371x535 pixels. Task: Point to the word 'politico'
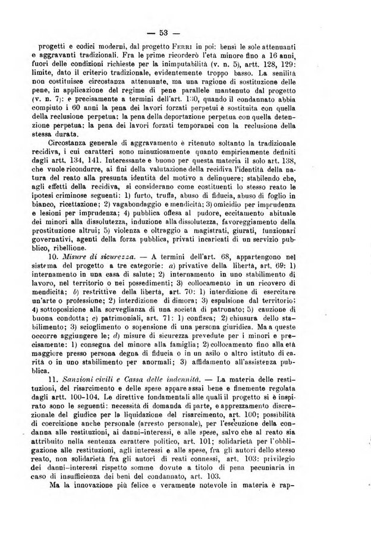216,450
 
